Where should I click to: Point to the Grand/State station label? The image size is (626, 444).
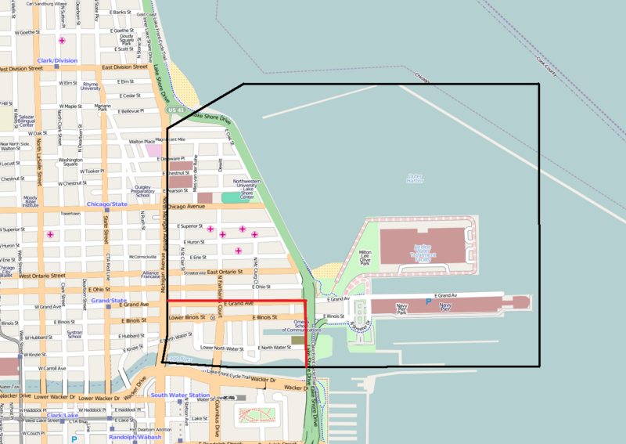pyautogui.click(x=109, y=300)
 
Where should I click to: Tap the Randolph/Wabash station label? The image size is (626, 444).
pyautogui.click(x=135, y=437)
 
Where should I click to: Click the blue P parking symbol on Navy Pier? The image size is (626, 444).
pyautogui.click(x=427, y=301)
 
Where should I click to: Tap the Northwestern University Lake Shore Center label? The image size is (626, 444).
pyautogui.click(x=248, y=189)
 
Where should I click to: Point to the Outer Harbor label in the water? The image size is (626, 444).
pyautogui.click(x=414, y=179)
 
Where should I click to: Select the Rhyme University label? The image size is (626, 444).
pyautogui.click(x=90, y=86)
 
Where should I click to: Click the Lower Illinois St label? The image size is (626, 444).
pyautogui.click(x=185, y=318)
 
